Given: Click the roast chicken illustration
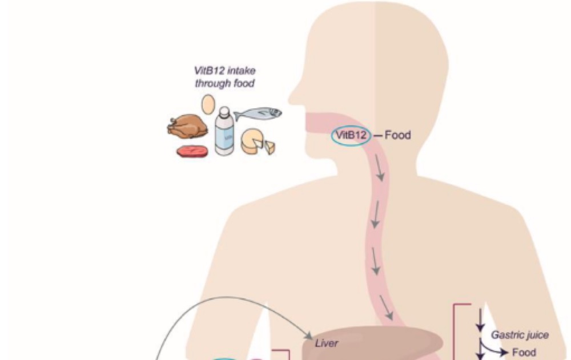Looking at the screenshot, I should (x=187, y=126).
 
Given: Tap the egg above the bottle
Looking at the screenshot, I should (x=208, y=104).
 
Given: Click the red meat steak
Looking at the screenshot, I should (x=192, y=151).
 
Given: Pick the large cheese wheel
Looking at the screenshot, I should (x=252, y=141).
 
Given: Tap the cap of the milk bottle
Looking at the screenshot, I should (x=224, y=111).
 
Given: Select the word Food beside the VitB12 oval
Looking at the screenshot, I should (x=397, y=136).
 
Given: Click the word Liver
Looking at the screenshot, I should (x=327, y=343).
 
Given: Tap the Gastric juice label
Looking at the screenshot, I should (x=520, y=335).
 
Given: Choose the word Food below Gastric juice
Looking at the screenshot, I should (x=524, y=353).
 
